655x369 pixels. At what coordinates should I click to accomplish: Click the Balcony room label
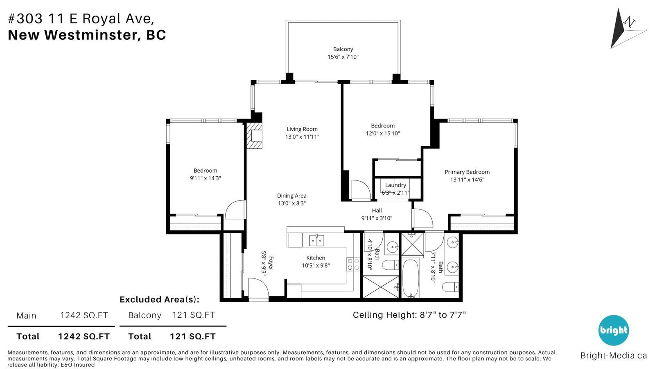click(343, 49)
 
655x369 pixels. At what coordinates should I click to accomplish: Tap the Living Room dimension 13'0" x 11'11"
click(302, 137)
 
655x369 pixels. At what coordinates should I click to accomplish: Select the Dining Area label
click(292, 196)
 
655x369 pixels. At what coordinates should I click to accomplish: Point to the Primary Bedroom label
click(467, 172)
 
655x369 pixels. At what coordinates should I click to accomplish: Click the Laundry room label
click(395, 185)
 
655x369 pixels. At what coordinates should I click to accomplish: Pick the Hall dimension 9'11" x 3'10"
click(377, 218)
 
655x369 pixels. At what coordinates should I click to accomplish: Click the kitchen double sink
click(317, 240)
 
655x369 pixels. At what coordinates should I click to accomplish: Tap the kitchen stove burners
click(353, 264)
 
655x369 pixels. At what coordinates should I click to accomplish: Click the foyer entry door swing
click(258, 288)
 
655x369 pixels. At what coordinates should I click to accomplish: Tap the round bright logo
click(614, 330)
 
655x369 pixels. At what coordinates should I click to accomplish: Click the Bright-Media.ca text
click(614, 355)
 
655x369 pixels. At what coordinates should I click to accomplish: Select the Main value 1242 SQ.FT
click(84, 315)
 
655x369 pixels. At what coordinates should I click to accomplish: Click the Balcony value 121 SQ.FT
click(194, 315)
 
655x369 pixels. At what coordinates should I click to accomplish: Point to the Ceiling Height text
click(409, 315)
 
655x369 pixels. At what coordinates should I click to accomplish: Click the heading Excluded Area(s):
click(159, 300)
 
